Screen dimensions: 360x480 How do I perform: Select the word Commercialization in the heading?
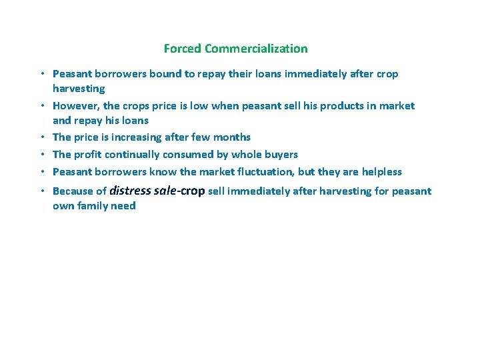(257, 49)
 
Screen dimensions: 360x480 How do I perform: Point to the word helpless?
(381, 172)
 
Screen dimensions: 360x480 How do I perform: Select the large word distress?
(131, 191)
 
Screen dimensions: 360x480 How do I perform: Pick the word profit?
(89, 155)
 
